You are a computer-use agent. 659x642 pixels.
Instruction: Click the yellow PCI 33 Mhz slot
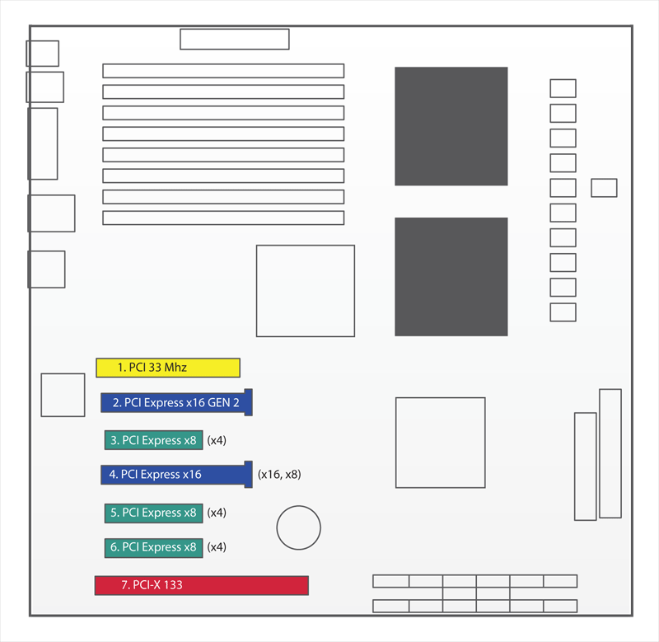click(168, 368)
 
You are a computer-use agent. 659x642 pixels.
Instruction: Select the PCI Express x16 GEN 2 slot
click(176, 402)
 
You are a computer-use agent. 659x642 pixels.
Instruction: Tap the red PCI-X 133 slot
click(202, 585)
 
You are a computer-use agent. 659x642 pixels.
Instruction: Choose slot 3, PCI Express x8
click(154, 440)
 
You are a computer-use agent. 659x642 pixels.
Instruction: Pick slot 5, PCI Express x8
click(154, 513)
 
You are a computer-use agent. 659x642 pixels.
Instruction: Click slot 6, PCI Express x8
click(154, 548)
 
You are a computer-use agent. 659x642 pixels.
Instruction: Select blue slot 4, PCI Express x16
click(176, 475)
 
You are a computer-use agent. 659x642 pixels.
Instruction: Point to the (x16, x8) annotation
click(279, 475)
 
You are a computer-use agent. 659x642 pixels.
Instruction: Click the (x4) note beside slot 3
click(217, 440)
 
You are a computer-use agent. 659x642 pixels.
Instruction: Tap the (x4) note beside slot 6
click(217, 547)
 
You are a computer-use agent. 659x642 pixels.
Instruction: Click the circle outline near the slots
click(299, 506)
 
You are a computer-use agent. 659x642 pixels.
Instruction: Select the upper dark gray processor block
click(451, 126)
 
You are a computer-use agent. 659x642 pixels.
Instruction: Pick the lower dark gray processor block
click(451, 277)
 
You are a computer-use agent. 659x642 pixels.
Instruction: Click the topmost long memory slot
click(223, 71)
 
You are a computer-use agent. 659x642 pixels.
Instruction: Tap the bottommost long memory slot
click(223, 218)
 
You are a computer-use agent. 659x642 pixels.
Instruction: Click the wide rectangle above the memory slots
click(235, 39)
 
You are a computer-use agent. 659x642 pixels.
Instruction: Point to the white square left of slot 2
click(63, 395)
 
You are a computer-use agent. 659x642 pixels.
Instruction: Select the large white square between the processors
click(306, 291)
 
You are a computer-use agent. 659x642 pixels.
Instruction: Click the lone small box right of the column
click(604, 188)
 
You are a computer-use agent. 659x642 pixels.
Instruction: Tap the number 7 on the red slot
click(125, 585)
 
